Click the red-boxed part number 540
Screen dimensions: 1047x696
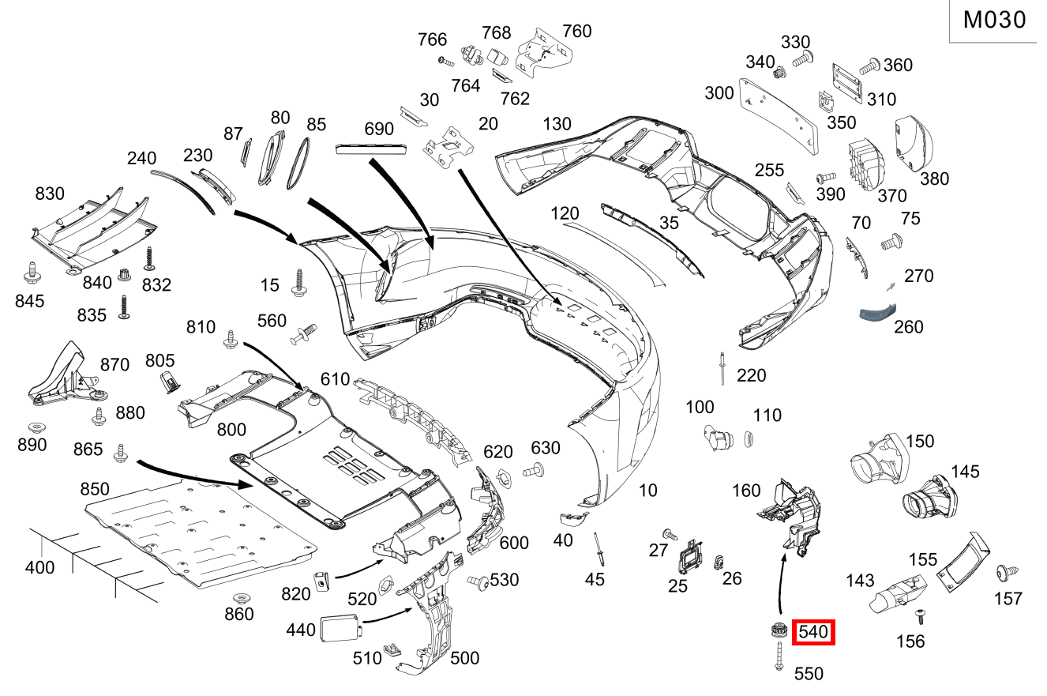coord(812,632)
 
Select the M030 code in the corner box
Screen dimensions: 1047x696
coord(994,20)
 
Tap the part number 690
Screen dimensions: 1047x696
coord(378,129)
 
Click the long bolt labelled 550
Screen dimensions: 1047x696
coord(779,656)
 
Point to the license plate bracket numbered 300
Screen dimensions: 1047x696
coord(779,115)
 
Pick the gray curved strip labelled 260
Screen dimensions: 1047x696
coord(878,311)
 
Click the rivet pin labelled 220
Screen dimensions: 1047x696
coord(722,369)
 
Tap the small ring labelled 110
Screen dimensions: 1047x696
coord(749,439)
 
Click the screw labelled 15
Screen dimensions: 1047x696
coord(299,283)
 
